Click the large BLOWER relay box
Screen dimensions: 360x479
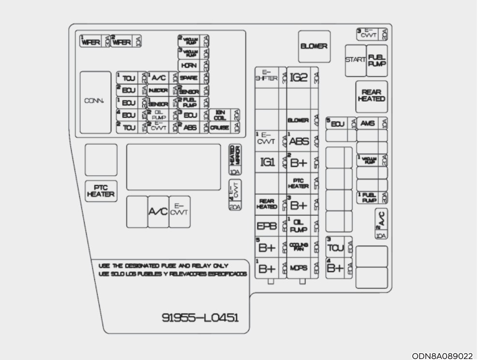[314, 46]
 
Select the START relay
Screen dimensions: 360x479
[355, 60]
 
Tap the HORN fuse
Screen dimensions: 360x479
[187, 65]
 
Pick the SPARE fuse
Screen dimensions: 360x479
[187, 77]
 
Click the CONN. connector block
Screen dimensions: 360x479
[95, 103]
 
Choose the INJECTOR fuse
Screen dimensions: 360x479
[158, 90]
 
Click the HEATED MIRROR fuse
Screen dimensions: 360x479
[235, 156]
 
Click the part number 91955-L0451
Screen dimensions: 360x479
[200, 317]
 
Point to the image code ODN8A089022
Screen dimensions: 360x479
[445, 355]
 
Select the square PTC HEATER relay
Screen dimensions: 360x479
[101, 191]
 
